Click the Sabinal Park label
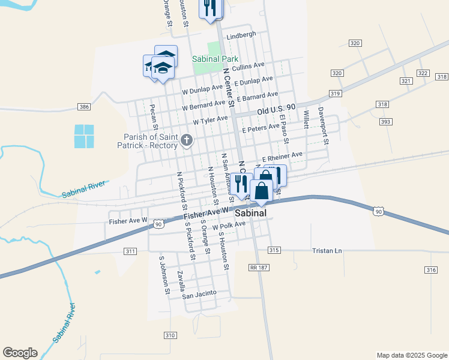pyautogui.click(x=215, y=59)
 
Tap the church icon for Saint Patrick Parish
pyautogui.click(x=187, y=141)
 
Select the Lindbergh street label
pyautogui.click(x=241, y=35)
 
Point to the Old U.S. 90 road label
pyautogui.click(x=276, y=109)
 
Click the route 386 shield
pyautogui.click(x=84, y=107)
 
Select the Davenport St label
pyautogui.click(x=324, y=126)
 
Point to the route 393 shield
pyautogui.click(x=385, y=122)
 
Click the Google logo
pyautogui.click(x=20, y=353)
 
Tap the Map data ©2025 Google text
pyautogui.click(x=411, y=355)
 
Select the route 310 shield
pyautogui.click(x=170, y=335)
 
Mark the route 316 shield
pyautogui.click(x=430, y=271)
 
